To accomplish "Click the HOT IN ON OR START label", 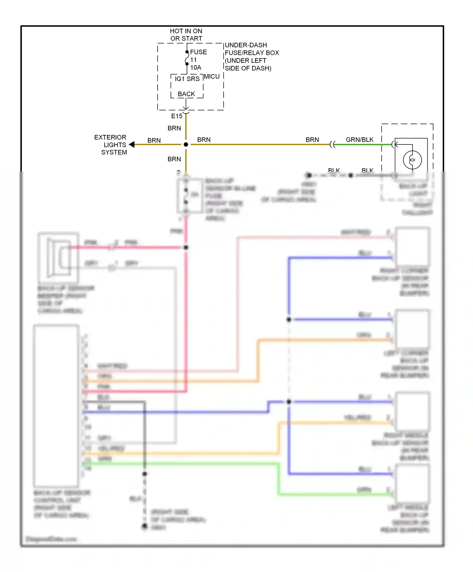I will (x=186, y=35).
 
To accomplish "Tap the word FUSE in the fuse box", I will (x=198, y=52).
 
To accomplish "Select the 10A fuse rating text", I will (x=196, y=67).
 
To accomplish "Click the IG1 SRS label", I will (x=187, y=79).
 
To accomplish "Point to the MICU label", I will (x=212, y=77).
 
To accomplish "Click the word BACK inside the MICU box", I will (x=186, y=94).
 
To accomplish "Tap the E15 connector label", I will (x=177, y=116).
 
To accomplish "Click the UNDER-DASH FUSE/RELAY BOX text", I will (x=252, y=56).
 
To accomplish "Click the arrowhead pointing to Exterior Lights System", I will (x=132, y=144).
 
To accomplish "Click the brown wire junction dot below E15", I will (x=186, y=144).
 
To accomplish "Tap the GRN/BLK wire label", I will (x=359, y=140).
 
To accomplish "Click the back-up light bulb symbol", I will (x=412, y=160).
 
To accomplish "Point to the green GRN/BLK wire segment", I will (x=363, y=144).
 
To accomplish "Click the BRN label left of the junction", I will (x=154, y=140).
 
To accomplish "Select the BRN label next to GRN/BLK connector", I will (x=312, y=140).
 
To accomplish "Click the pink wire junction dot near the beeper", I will (x=186, y=248).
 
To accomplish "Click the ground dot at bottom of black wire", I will (x=145, y=526).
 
